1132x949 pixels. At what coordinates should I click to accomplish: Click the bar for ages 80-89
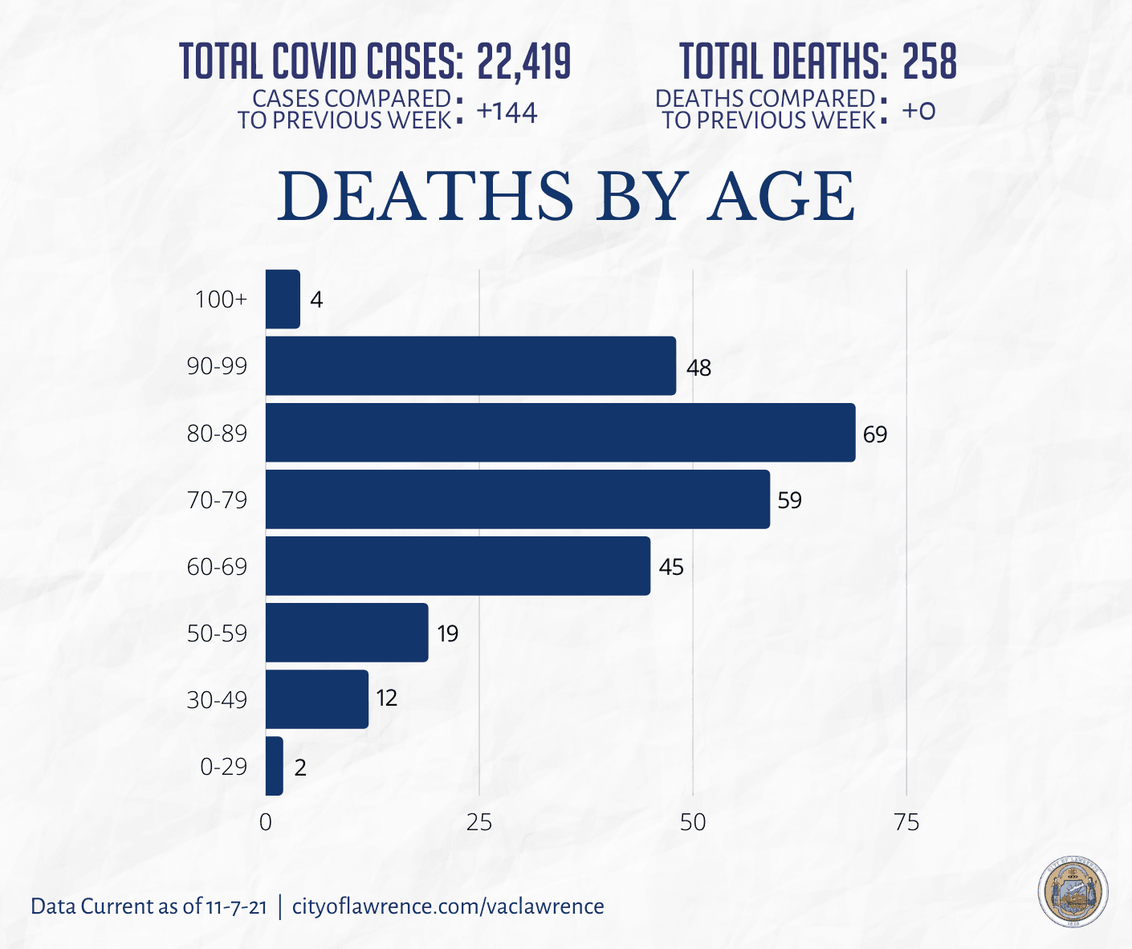(560, 433)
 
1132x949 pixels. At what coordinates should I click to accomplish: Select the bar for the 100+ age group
(283, 299)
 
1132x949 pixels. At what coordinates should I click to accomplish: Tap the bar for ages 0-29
(275, 766)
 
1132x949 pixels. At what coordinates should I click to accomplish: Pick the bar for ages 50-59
(347, 633)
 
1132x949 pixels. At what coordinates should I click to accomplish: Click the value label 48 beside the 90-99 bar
(698, 368)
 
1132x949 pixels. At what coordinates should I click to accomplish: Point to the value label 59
(789, 500)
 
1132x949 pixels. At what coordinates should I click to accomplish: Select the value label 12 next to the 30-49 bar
(386, 698)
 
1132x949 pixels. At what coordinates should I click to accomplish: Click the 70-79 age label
(217, 500)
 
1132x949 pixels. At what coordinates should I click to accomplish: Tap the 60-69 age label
(217, 567)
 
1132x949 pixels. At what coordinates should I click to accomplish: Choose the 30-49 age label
(217, 700)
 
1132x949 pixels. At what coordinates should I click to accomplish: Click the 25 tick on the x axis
(478, 822)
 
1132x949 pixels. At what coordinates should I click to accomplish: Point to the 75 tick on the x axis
(906, 822)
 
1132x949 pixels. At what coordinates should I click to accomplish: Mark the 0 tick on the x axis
(266, 822)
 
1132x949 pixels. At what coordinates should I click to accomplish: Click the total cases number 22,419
(523, 61)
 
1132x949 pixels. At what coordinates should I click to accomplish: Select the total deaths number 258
(930, 61)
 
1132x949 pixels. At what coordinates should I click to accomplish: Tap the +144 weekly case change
(507, 112)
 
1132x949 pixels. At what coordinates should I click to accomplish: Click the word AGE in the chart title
(780, 197)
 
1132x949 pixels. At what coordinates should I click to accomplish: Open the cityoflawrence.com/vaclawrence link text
(448, 906)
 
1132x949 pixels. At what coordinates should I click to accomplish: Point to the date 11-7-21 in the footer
(236, 907)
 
